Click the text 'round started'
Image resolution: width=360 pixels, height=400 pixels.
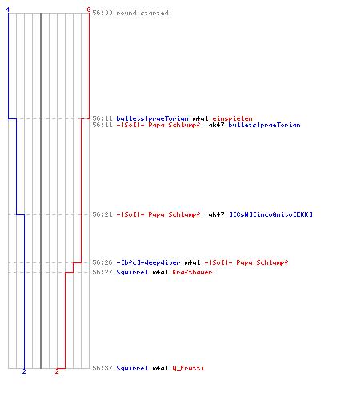[x=142, y=13]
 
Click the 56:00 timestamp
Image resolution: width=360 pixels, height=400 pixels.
[x=102, y=13]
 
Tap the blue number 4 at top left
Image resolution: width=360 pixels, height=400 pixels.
[x=8, y=10]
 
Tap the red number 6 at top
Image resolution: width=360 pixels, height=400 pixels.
[x=89, y=10]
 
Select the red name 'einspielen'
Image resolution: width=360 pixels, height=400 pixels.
[x=232, y=118]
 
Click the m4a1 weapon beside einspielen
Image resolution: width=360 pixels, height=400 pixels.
[x=200, y=118]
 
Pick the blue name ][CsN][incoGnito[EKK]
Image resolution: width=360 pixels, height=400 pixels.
[x=270, y=214]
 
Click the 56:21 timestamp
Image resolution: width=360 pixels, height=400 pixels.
[x=102, y=214]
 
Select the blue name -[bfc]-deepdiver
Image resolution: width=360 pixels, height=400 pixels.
[x=148, y=262]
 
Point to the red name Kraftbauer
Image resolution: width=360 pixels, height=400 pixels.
[x=192, y=272]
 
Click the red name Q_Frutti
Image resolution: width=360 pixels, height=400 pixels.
[x=188, y=368]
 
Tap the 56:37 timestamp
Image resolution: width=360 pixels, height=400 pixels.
[x=102, y=368]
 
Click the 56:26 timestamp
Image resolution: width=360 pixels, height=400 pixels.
[x=102, y=262]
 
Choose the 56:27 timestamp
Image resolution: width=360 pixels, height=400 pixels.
[x=102, y=272]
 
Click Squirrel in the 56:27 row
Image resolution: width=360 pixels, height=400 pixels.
[x=132, y=272]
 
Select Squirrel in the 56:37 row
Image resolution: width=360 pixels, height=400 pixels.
[x=132, y=368]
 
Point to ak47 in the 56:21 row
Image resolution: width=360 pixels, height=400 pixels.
[x=216, y=214]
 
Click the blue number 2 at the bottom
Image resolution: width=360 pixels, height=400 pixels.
[x=24, y=371]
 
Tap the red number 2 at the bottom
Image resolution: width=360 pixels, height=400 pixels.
[x=57, y=371]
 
